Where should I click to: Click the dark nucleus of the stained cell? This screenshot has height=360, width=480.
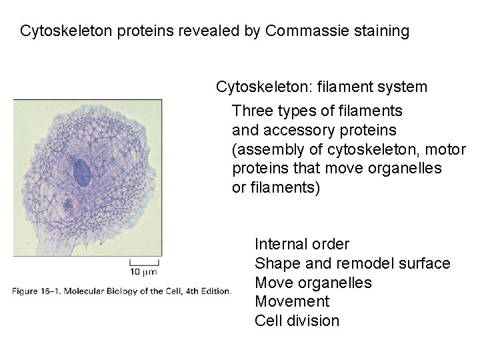(x=81, y=173)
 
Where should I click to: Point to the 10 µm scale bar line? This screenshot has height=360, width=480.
(x=143, y=262)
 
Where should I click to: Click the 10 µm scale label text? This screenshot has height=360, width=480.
(x=143, y=271)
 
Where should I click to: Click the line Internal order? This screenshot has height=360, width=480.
(x=301, y=245)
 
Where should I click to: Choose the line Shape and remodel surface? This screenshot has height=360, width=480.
(x=352, y=264)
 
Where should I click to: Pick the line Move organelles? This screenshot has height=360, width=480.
(x=313, y=283)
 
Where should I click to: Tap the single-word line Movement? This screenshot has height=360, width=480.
(x=292, y=302)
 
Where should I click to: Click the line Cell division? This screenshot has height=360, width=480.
(x=297, y=321)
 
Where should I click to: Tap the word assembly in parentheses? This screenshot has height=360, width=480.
(x=267, y=149)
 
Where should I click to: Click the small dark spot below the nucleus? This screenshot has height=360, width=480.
(x=68, y=203)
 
